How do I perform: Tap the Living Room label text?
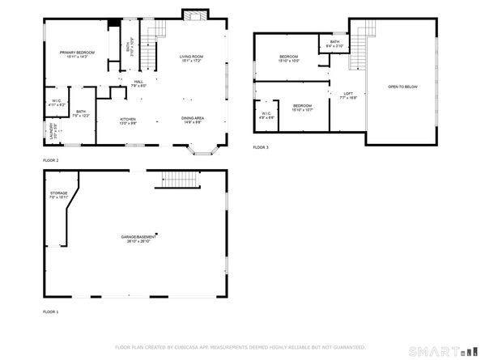pos(191,58)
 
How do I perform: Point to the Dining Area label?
pos(192,121)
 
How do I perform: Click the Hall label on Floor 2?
pos(138,83)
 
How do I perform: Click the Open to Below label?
pos(402,86)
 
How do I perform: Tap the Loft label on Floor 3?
pos(348,95)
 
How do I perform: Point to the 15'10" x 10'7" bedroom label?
pos(302,108)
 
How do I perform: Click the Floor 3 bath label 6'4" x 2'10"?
pos(334,44)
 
